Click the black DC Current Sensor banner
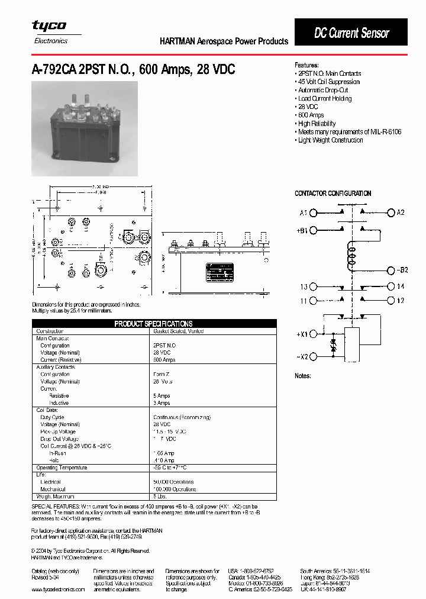(x=351, y=33)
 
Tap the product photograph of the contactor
(x=84, y=128)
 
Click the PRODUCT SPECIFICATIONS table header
(x=153, y=324)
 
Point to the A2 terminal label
(x=401, y=212)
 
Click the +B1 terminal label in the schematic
(x=302, y=231)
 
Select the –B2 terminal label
(x=402, y=270)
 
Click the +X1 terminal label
(x=302, y=334)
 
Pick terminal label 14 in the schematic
(x=401, y=286)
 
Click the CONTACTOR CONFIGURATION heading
(x=333, y=194)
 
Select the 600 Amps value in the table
(x=164, y=360)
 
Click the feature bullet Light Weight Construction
(x=330, y=140)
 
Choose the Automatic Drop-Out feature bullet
(x=323, y=90)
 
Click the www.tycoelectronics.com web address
(x=58, y=590)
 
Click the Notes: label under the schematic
(x=302, y=376)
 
